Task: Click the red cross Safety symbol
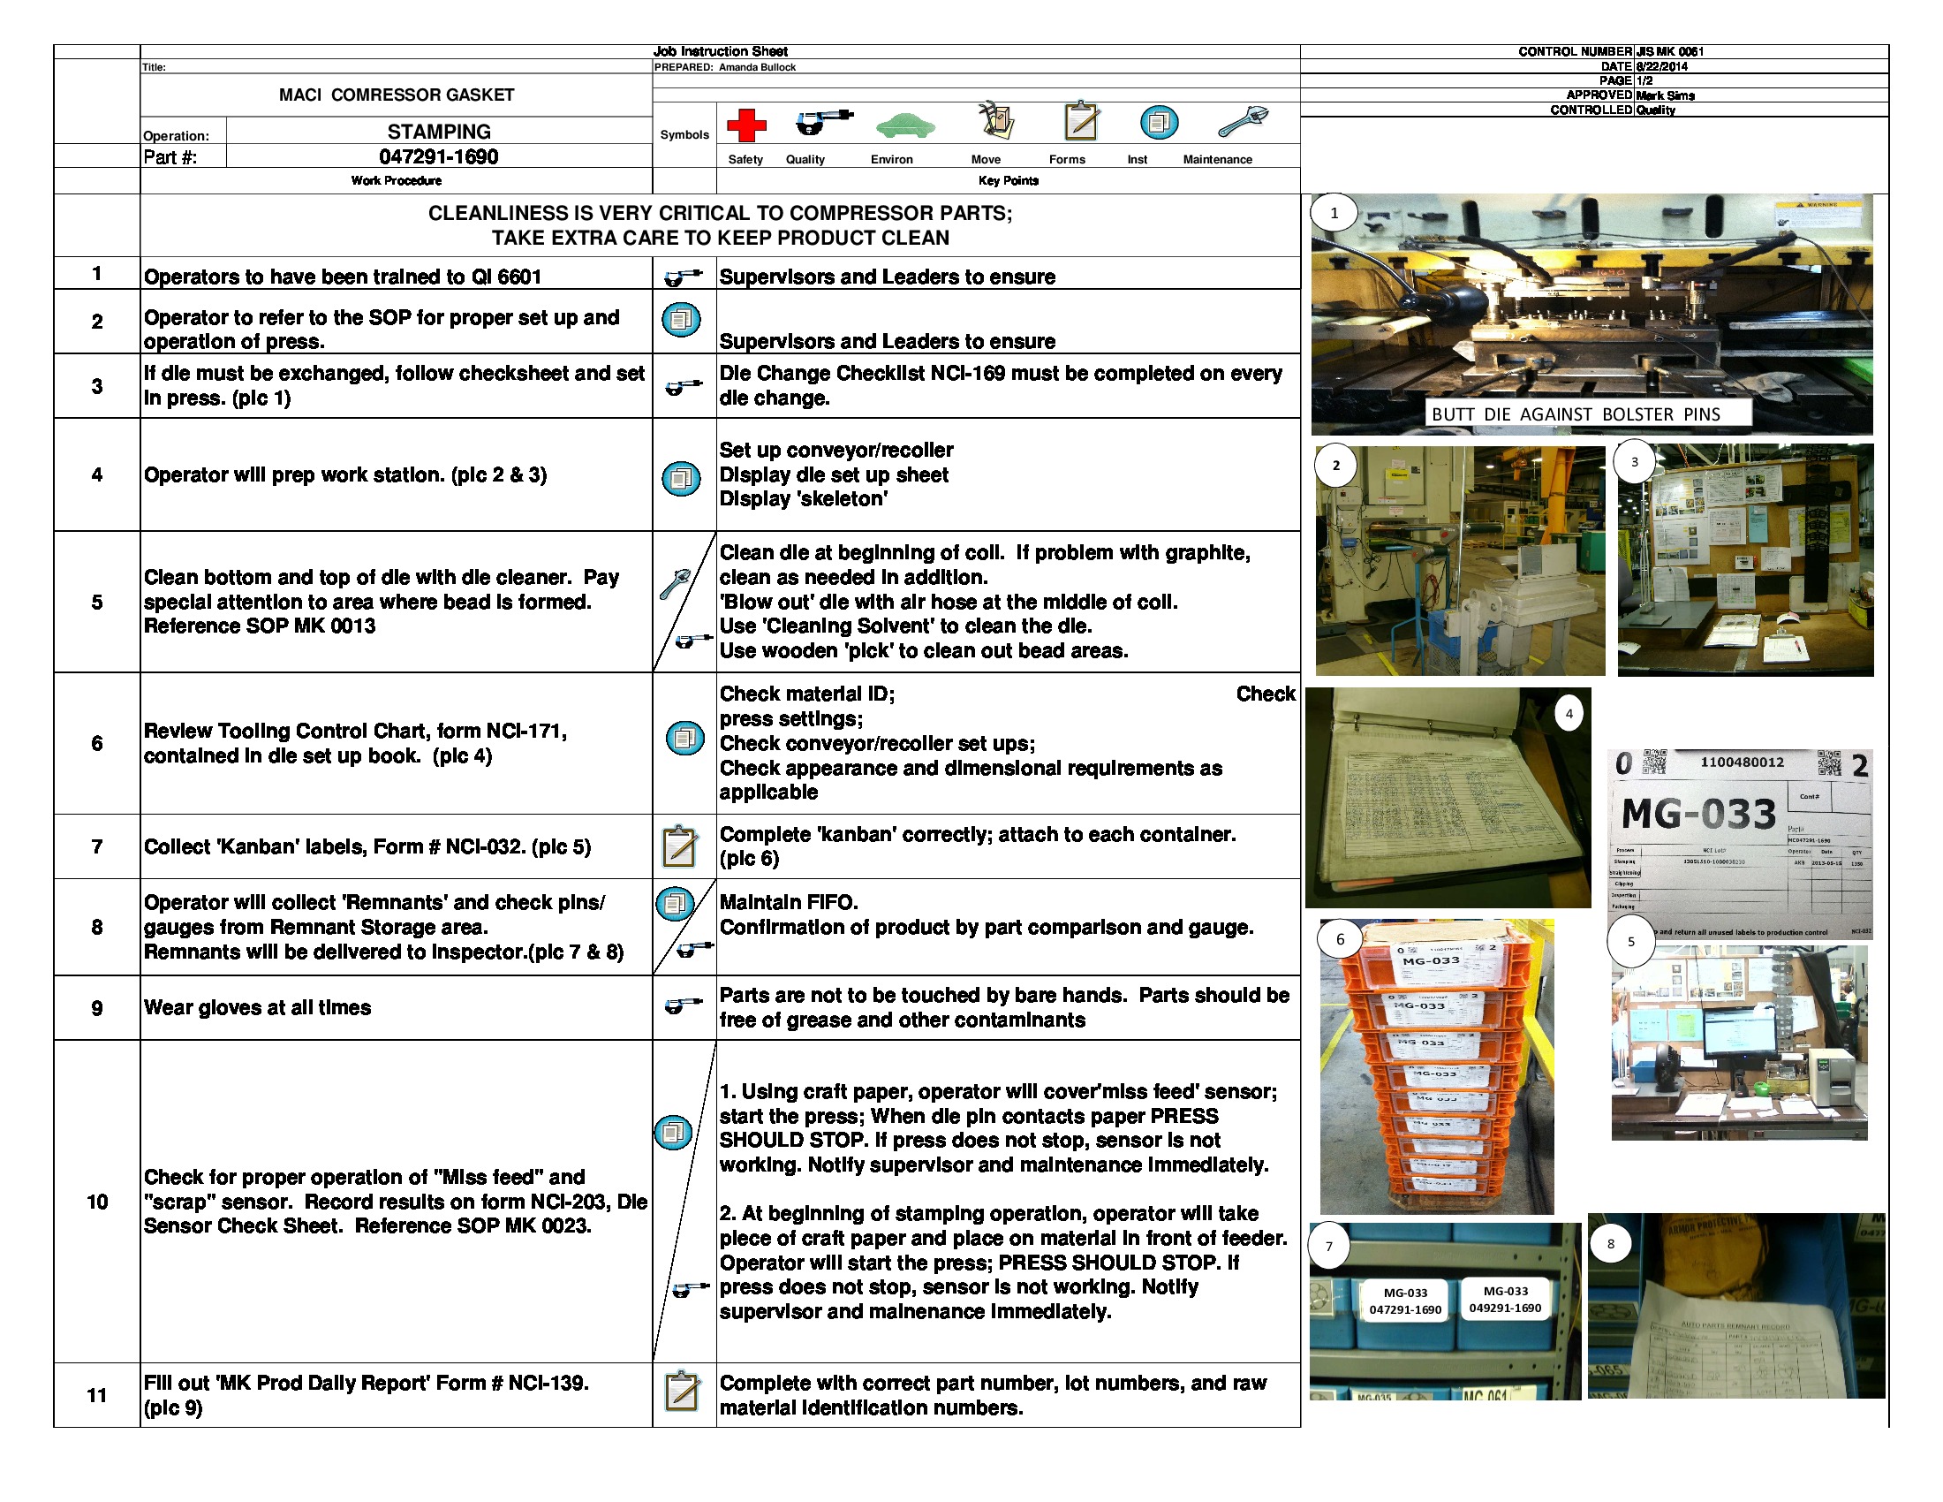tap(745, 125)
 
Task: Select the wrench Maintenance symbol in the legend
tap(1242, 122)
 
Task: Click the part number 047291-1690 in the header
tap(439, 156)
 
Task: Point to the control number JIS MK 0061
tap(1669, 51)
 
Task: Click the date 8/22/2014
tap(1660, 66)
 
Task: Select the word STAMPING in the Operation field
tap(439, 132)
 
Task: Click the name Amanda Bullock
tap(756, 67)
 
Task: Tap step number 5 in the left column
tap(96, 603)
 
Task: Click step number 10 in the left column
tap(96, 1202)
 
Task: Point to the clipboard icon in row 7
tap(681, 846)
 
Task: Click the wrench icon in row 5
tap(676, 584)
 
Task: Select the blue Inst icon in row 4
tap(682, 479)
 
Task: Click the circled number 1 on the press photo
tap(1333, 213)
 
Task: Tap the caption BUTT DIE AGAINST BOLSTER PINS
tap(1576, 413)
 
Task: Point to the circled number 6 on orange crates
tap(1340, 938)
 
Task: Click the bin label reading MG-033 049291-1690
tap(1504, 1299)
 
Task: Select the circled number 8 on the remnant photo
tap(1609, 1243)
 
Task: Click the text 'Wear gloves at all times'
tap(257, 1007)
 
